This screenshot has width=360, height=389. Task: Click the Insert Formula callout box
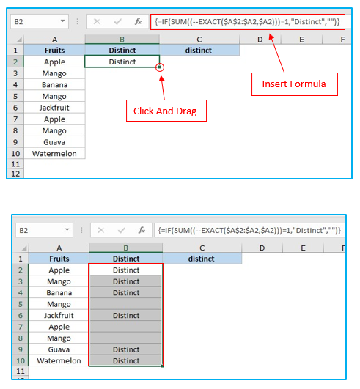coord(295,84)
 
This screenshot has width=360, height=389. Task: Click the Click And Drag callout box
coord(166,111)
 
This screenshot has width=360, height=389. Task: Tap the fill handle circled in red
coord(159,67)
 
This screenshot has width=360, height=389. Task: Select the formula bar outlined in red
coord(248,22)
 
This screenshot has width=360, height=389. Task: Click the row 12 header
coord(15,174)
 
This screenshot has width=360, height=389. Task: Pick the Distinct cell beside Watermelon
coord(126,360)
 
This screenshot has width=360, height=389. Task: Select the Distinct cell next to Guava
coord(126,349)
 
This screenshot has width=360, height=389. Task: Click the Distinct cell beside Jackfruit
coord(126,315)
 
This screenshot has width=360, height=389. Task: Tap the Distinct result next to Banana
coord(126,293)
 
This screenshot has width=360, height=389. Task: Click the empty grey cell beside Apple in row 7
coord(126,327)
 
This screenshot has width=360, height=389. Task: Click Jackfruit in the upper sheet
coord(54,108)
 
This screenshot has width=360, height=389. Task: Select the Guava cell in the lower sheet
coord(59,349)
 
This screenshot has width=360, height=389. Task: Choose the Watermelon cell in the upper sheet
coord(54,154)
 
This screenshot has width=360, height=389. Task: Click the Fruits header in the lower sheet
coord(59,259)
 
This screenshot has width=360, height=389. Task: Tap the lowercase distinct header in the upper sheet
coord(199,51)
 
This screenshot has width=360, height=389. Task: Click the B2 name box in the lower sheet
coord(44,230)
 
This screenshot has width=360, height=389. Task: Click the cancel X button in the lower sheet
coord(100,230)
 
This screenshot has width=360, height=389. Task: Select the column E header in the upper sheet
coord(301,40)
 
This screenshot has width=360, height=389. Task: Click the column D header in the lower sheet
coord(262,248)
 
